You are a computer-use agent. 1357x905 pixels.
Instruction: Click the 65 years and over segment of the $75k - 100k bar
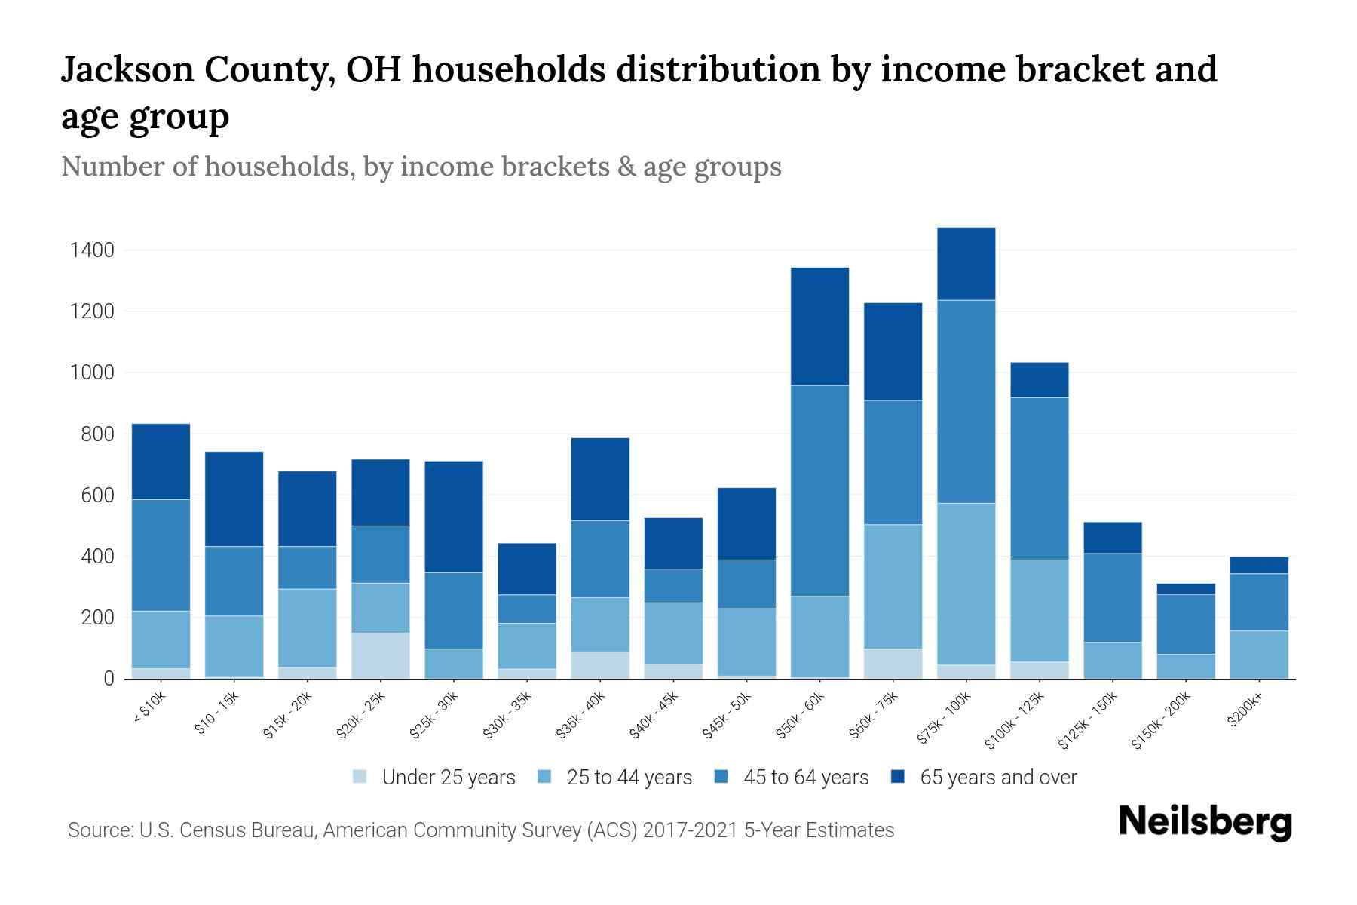[x=966, y=264]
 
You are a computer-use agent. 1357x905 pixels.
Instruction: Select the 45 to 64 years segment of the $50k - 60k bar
[x=819, y=490]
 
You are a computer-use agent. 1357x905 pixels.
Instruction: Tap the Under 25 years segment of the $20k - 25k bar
[x=380, y=655]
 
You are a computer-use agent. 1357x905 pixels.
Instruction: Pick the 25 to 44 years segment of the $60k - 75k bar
[x=893, y=586]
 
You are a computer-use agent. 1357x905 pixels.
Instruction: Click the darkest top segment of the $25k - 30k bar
[x=453, y=517]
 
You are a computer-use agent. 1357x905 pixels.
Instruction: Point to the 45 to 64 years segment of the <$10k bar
[x=161, y=554]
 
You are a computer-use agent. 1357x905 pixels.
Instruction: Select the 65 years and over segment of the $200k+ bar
[x=1258, y=565]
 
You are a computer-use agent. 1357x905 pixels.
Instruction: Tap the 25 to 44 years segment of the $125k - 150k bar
[x=1112, y=660]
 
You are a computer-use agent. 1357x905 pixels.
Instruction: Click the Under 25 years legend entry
[x=448, y=778]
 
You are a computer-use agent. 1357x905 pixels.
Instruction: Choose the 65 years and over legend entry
[x=997, y=778]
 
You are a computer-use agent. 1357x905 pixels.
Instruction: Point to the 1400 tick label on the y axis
[x=92, y=250]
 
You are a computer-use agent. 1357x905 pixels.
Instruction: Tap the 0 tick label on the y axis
[x=109, y=680]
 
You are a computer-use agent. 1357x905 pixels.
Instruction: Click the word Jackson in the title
[x=125, y=70]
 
